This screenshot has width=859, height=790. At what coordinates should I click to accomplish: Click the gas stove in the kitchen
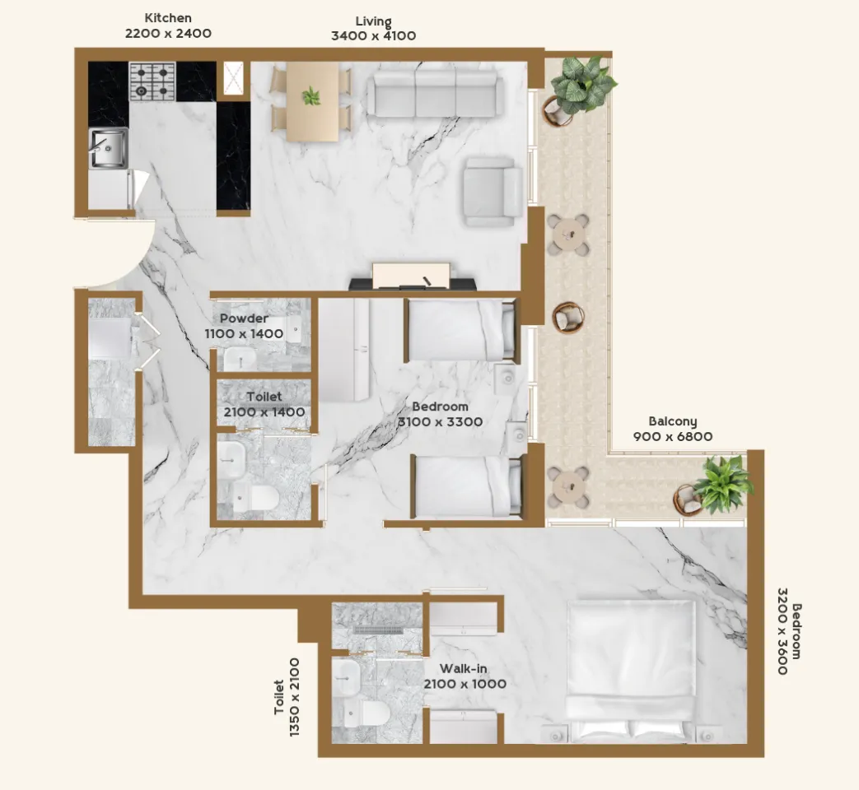[152, 81]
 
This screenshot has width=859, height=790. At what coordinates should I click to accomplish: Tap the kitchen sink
[109, 148]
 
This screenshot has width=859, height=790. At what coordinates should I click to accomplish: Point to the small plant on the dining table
[311, 95]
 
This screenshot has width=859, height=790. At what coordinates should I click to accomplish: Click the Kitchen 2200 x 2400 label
[168, 26]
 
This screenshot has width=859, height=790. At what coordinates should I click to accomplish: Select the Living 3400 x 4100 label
[374, 29]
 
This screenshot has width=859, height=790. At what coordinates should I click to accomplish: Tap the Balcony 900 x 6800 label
[673, 429]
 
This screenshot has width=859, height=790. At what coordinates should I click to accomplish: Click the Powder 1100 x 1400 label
[245, 327]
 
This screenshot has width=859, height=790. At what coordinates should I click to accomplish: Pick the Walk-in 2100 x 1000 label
[465, 676]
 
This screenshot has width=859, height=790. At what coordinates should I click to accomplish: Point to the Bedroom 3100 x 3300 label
[441, 414]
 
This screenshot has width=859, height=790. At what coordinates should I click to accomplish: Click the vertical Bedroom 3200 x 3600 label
[789, 631]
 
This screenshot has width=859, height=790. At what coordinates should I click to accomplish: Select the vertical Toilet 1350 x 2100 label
[287, 697]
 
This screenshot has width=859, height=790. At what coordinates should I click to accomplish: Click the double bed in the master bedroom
[632, 671]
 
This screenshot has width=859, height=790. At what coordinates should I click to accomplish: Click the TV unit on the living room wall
[413, 277]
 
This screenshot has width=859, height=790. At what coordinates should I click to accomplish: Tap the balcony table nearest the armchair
[569, 235]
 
